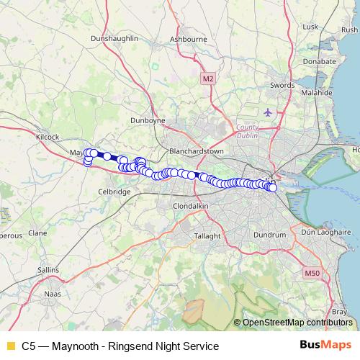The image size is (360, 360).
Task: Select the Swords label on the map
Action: point(282,85)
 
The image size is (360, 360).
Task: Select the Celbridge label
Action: point(114,192)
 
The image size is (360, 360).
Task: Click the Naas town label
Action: point(53,294)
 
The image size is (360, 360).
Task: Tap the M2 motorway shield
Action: point(208,78)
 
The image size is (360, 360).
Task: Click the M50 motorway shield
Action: point(312,273)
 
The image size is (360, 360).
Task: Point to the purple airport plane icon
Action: point(268,112)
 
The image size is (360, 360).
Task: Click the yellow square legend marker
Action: point(10,346)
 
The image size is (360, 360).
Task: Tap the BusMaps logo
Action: point(326,346)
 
